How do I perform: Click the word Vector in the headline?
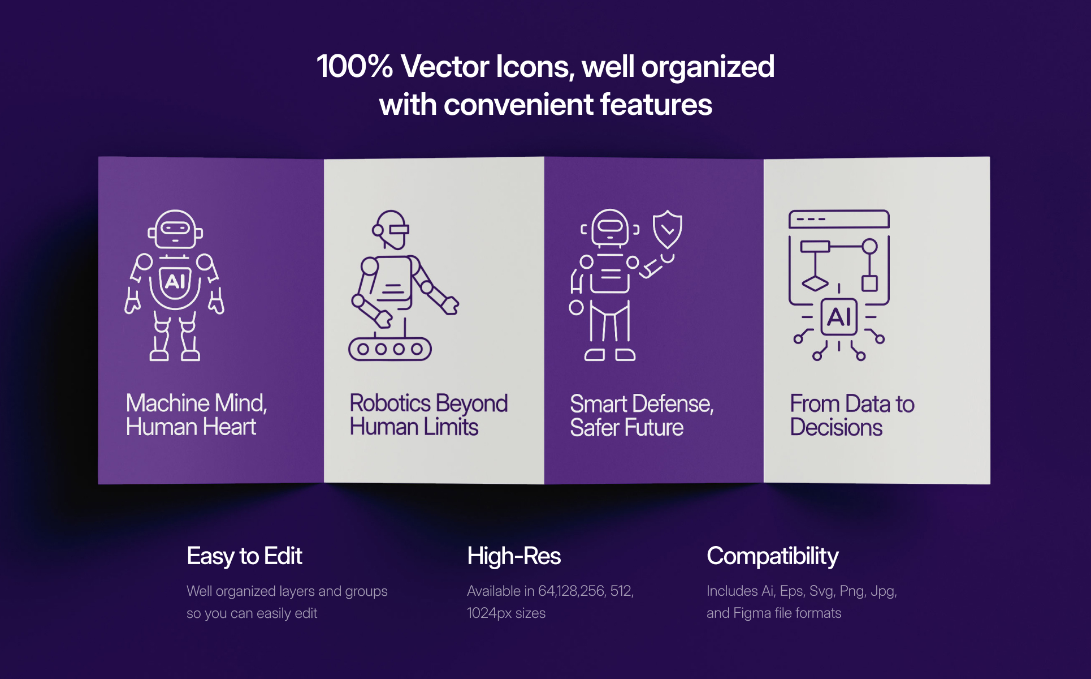click(444, 67)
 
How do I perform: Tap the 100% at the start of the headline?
click(354, 67)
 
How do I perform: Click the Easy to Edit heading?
click(244, 556)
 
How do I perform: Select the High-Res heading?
click(514, 556)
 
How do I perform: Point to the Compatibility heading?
click(772, 556)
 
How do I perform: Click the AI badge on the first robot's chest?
click(175, 281)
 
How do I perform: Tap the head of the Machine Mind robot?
click(175, 229)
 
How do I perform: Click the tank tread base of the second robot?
click(390, 349)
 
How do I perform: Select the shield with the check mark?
click(668, 229)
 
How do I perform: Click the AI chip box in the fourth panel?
click(839, 317)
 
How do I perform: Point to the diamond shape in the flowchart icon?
click(815, 283)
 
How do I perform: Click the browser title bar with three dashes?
click(839, 219)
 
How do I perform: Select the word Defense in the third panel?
click(673, 404)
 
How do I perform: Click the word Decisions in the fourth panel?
click(836, 427)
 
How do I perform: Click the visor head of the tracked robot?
click(391, 230)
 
